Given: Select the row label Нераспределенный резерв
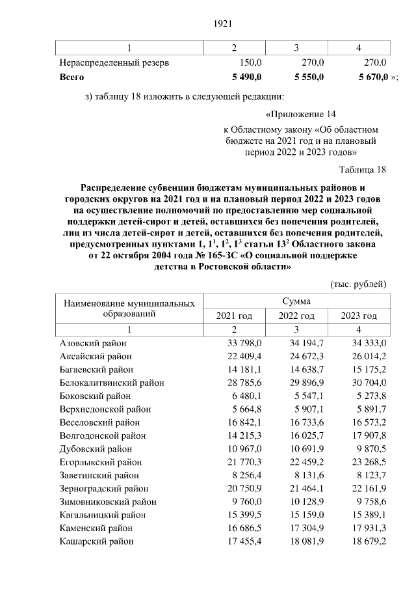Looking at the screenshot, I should (x=114, y=63).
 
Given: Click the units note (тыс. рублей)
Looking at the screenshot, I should (x=359, y=284).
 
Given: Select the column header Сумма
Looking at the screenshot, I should (x=296, y=301).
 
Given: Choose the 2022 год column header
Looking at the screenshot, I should (x=296, y=316).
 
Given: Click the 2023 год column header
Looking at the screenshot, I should (x=359, y=316).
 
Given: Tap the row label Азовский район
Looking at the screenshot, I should (x=93, y=343).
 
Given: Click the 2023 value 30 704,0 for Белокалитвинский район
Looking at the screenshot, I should (x=369, y=383).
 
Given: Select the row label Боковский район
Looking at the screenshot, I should (x=94, y=396).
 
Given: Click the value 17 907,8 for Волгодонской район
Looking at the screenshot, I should (x=369, y=435).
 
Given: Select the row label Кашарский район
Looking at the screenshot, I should (x=96, y=541).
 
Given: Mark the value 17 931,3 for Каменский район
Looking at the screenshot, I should (x=369, y=528).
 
